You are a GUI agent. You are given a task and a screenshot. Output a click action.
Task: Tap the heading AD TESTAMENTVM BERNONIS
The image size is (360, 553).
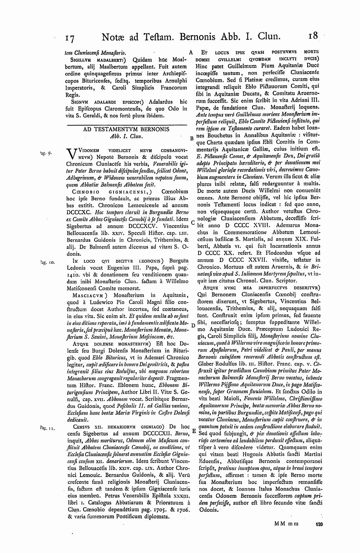click(126, 129)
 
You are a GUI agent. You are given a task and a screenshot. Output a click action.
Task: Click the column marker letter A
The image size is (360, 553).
click(191, 52)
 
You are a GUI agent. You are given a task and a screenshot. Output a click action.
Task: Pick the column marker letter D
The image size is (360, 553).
click(193, 325)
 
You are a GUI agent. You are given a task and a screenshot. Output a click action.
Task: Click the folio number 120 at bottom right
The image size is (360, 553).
click(319, 524)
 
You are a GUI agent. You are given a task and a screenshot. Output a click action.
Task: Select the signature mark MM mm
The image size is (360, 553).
click(286, 524)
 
